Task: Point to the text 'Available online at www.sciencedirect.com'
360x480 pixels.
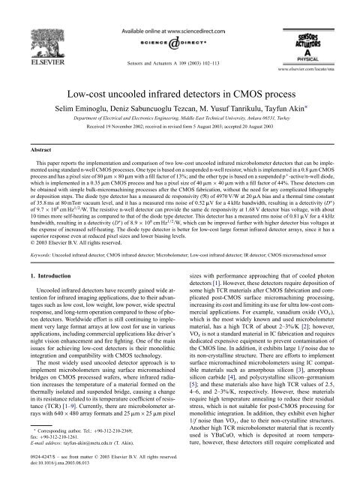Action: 180,12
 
